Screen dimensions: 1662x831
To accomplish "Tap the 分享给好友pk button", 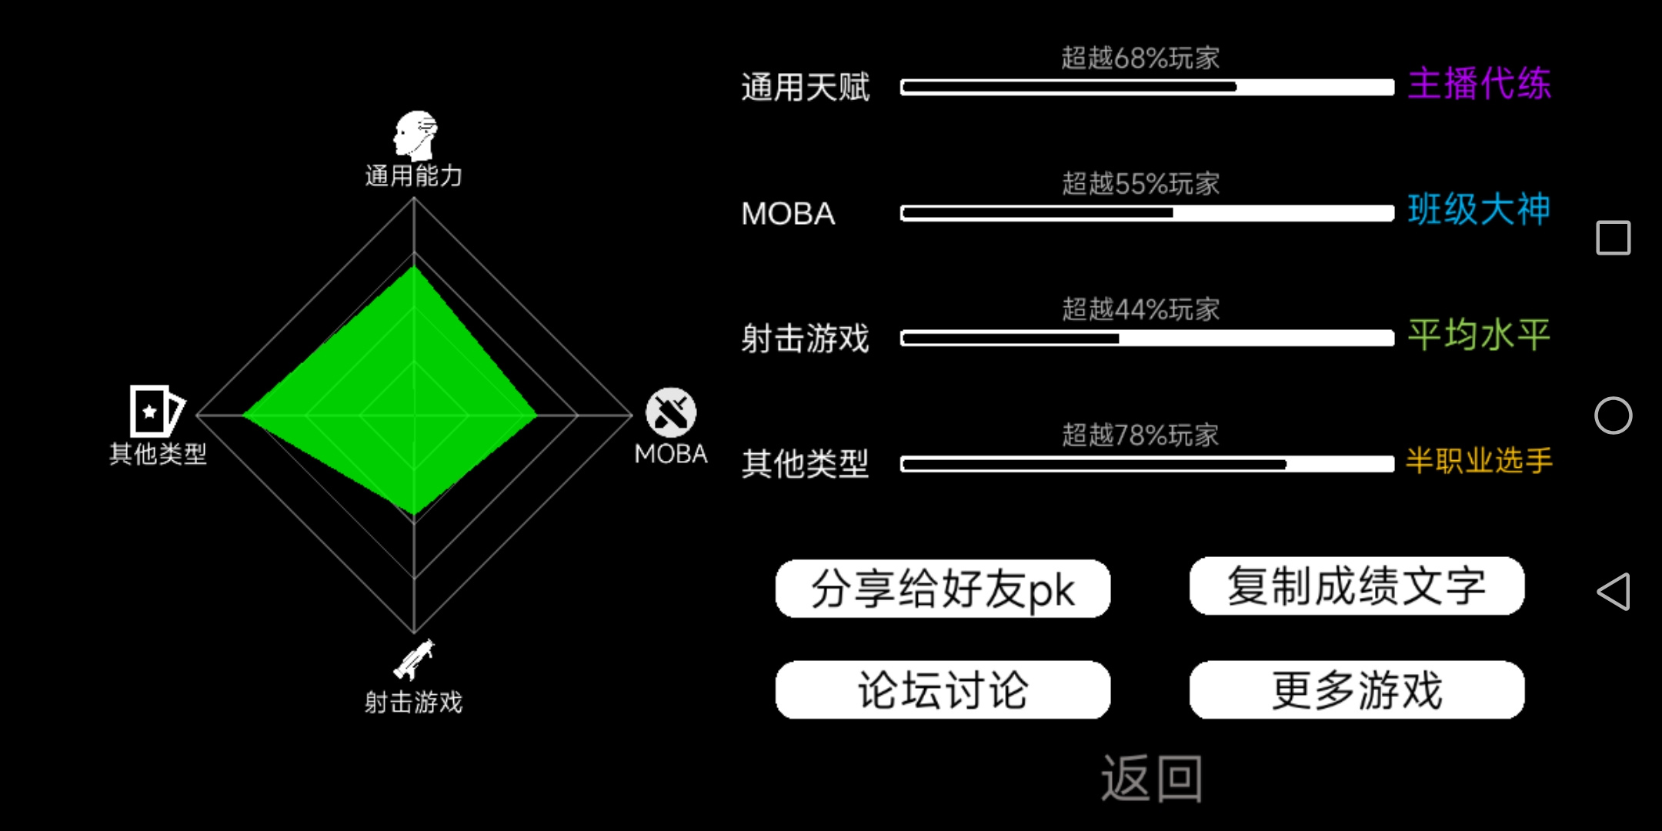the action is point(943,589).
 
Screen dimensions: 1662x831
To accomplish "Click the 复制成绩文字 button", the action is point(1357,586).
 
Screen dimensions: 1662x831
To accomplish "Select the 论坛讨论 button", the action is point(943,690).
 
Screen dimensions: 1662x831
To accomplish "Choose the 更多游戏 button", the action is point(1357,690).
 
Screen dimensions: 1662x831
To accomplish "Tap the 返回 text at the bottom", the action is point(1151,779).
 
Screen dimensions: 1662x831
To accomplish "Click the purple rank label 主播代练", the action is point(1479,83).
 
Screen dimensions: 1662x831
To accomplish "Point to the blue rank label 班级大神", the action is point(1479,209).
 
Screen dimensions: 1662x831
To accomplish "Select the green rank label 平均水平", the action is point(1479,335).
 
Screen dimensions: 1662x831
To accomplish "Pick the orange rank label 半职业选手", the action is point(1479,460).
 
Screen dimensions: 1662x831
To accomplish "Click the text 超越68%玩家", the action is point(1140,58).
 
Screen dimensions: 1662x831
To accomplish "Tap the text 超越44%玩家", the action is point(1140,309).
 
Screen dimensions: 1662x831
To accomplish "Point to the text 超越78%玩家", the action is point(1140,435).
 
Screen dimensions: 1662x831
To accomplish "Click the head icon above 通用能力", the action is point(415,135).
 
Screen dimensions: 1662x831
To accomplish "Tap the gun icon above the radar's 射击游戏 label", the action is point(414,659).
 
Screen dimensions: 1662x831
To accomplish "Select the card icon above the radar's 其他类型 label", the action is point(157,411).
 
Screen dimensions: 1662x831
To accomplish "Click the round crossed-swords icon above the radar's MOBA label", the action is point(671,412).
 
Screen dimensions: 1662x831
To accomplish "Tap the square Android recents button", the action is point(1614,237).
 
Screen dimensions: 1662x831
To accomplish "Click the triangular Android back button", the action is point(1614,592).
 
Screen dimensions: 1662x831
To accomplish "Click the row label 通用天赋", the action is point(805,87).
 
